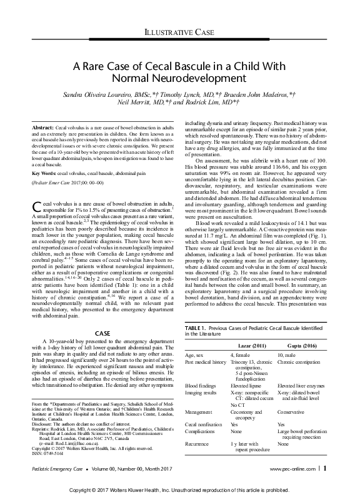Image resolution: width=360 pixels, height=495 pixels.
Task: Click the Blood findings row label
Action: point(202,386)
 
